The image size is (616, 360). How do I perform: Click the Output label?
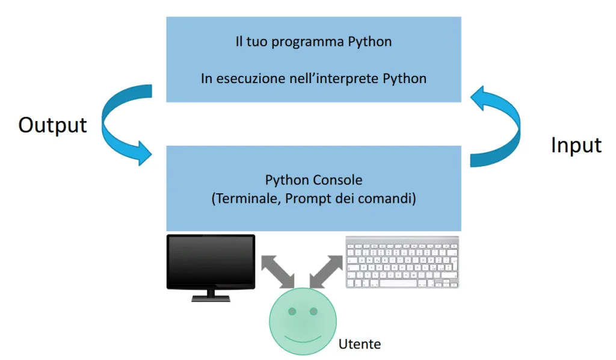pyautogui.click(x=53, y=125)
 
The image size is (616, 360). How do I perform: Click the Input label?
pyautogui.click(x=576, y=145)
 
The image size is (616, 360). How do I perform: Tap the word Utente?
pyautogui.click(x=360, y=344)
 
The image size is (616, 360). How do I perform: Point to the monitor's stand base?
pyautogui.click(x=211, y=297)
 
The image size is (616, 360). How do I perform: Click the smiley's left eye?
pyautogui.click(x=292, y=312)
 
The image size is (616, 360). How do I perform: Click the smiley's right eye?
pyautogui.click(x=313, y=312)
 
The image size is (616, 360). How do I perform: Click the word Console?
pyautogui.click(x=337, y=180)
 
